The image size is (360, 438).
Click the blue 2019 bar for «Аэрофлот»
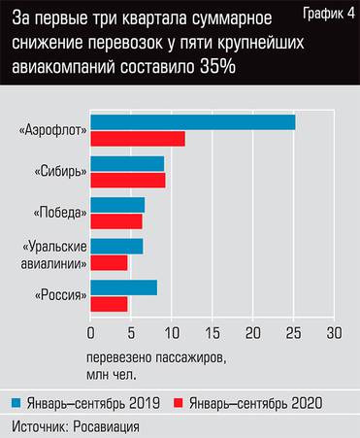pyautogui.click(x=192, y=122)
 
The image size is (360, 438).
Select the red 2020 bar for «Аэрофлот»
pyautogui.click(x=137, y=138)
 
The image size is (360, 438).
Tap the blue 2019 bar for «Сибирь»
pyautogui.click(x=126, y=163)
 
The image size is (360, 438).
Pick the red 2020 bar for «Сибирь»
pyautogui.click(x=127, y=180)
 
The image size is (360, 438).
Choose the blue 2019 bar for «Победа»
pyautogui.click(x=116, y=205)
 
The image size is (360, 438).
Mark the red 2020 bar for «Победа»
pyautogui.click(x=115, y=220)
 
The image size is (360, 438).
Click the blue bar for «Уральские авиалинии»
pyautogui.click(x=115, y=247)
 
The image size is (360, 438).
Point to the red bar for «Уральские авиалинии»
pyautogui.click(x=109, y=262)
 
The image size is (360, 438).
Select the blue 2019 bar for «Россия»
pyautogui.click(x=122, y=287)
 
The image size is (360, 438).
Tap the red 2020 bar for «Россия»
pyautogui.click(x=109, y=304)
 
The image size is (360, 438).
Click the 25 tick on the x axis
pyautogui.click(x=293, y=332)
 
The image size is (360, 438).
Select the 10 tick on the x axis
pyautogui.click(x=171, y=332)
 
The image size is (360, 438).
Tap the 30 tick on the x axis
pyautogui.click(x=334, y=332)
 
